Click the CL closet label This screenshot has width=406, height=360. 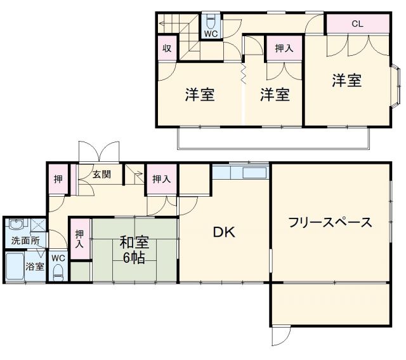[357, 24]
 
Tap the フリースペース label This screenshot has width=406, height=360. [329, 223]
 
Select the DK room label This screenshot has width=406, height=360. [223, 232]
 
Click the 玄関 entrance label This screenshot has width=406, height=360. [102, 174]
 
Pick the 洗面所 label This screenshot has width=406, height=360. [25, 241]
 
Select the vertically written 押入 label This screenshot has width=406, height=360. [79, 239]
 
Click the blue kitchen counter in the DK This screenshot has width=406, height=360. [240, 172]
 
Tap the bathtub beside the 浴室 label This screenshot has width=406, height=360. [14, 267]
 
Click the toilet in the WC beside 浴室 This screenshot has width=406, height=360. [58, 272]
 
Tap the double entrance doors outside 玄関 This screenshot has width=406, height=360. [98, 151]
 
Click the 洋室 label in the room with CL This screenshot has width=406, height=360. [347, 81]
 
